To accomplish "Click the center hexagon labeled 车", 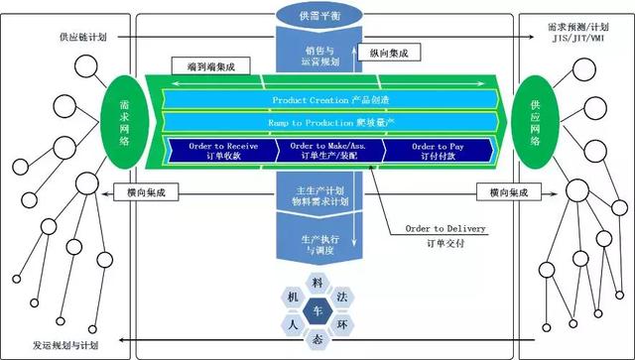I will [x=318, y=311].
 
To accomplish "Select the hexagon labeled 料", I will [x=318, y=284].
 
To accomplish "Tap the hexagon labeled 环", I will [x=343, y=323].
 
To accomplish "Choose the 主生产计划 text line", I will [x=318, y=192].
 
